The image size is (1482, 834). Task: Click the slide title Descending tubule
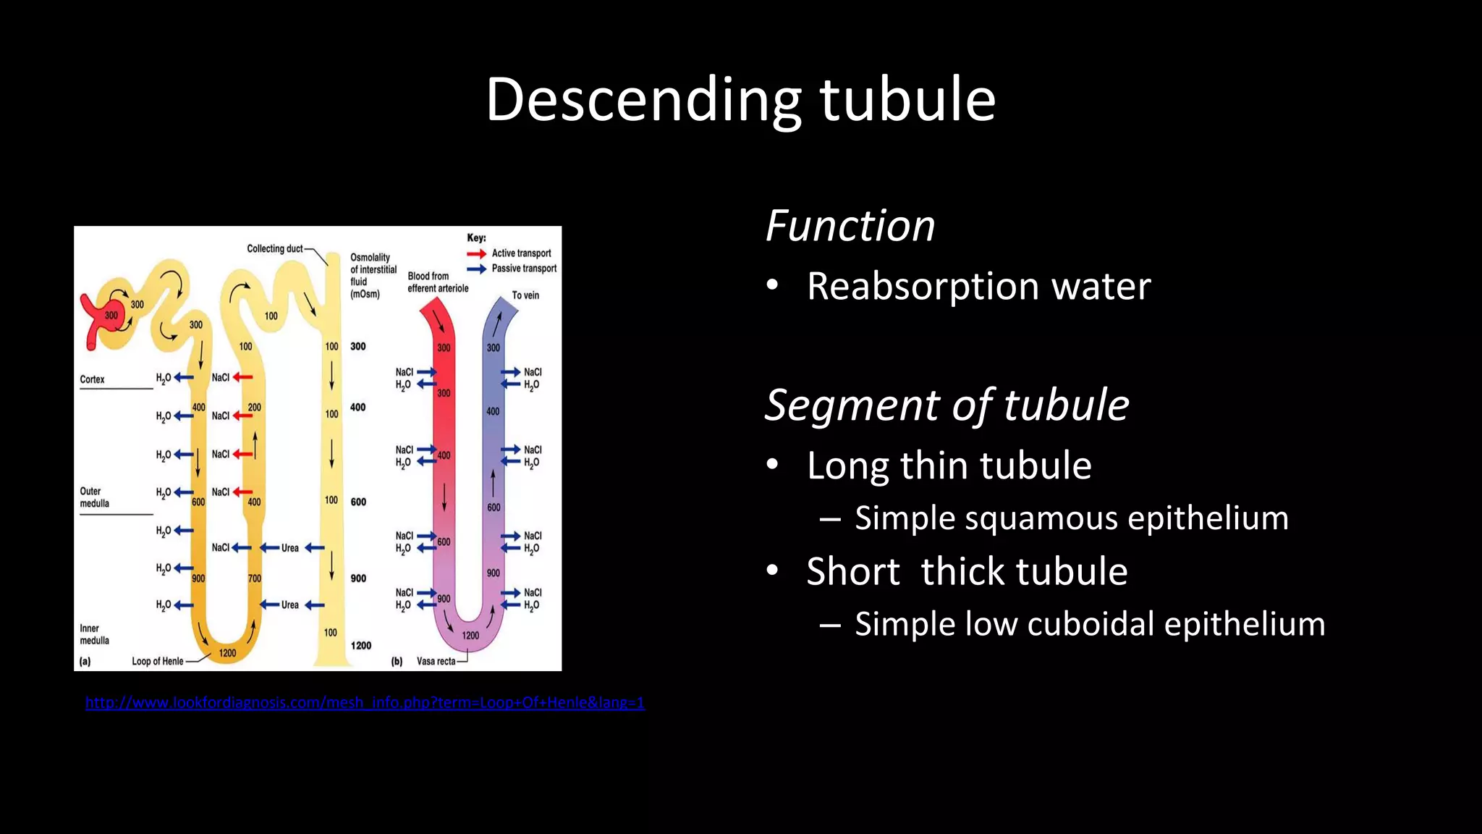click(x=740, y=99)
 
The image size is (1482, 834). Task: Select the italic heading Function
click(x=850, y=226)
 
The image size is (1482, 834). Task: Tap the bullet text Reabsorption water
click(x=978, y=286)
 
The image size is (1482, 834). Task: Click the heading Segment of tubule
click(x=947, y=405)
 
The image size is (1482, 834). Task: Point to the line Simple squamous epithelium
click(x=1071, y=518)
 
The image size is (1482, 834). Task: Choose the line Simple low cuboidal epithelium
click(x=1089, y=624)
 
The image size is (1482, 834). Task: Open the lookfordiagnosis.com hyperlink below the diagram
click(x=365, y=702)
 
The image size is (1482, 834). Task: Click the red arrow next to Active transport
click(x=476, y=253)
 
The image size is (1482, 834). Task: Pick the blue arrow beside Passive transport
click(x=476, y=269)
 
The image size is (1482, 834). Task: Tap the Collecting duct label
click(x=275, y=249)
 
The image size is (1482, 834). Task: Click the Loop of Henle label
click(x=157, y=661)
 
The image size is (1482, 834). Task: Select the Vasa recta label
click(x=436, y=661)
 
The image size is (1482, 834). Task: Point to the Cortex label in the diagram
click(x=92, y=379)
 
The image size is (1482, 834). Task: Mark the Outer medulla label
click(x=94, y=497)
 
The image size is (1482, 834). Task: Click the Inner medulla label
click(x=94, y=634)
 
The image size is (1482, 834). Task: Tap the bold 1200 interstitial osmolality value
click(x=360, y=646)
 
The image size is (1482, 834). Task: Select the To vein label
click(x=525, y=295)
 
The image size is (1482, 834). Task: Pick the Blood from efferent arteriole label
click(x=438, y=282)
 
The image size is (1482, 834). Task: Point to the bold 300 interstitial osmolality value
click(x=358, y=347)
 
